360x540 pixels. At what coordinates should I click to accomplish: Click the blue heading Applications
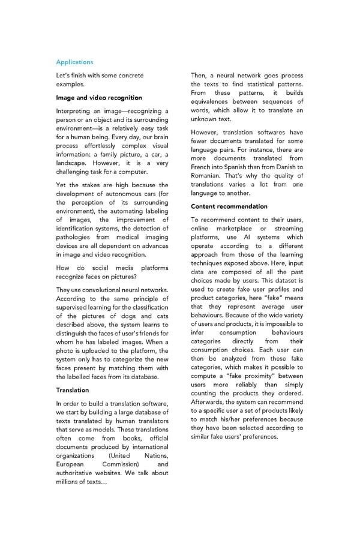click(x=74, y=62)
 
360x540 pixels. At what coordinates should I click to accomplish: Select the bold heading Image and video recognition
click(x=99, y=97)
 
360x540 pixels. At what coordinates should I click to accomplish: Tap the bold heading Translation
click(x=73, y=390)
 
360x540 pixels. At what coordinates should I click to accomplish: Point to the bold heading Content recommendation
click(x=229, y=206)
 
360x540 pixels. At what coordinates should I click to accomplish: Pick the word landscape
click(x=73, y=163)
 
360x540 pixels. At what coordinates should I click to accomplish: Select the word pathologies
click(x=76, y=237)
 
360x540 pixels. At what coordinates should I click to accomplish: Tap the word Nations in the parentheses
click(x=156, y=455)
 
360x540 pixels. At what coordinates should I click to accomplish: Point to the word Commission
click(x=121, y=464)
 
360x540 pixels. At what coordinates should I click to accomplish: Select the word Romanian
click(x=208, y=175)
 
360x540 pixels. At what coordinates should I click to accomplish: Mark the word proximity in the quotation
click(x=264, y=376)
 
